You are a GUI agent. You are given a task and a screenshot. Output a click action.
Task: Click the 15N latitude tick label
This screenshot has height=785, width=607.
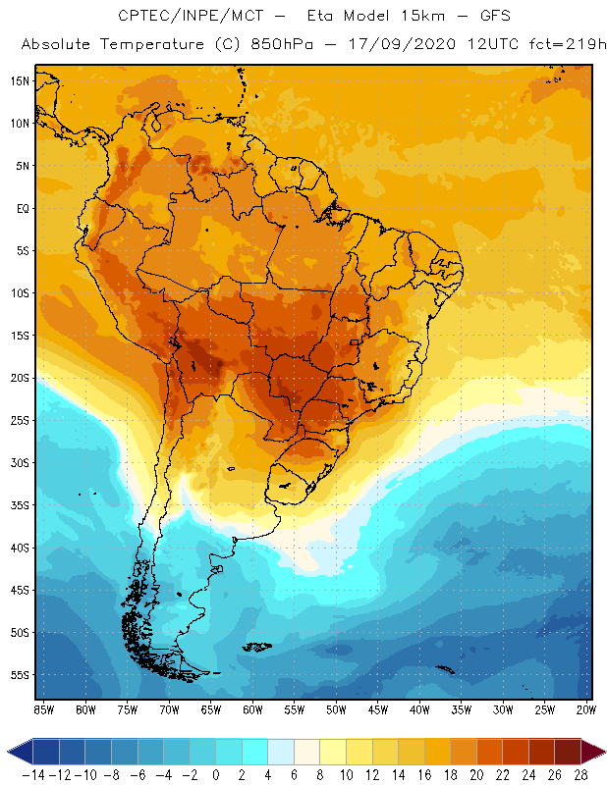point(20,80)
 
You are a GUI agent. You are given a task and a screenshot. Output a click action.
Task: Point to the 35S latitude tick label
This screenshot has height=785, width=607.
point(20,505)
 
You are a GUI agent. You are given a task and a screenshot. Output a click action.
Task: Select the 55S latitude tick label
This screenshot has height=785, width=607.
point(20,675)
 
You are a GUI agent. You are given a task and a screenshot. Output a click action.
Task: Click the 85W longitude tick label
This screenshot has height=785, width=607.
point(43,709)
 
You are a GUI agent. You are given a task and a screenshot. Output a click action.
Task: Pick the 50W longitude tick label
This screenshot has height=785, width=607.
point(337,709)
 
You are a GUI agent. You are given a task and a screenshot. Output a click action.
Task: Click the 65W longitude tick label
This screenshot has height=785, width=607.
point(211,709)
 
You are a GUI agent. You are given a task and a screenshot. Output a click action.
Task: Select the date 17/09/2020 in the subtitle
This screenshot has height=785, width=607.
point(389,45)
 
